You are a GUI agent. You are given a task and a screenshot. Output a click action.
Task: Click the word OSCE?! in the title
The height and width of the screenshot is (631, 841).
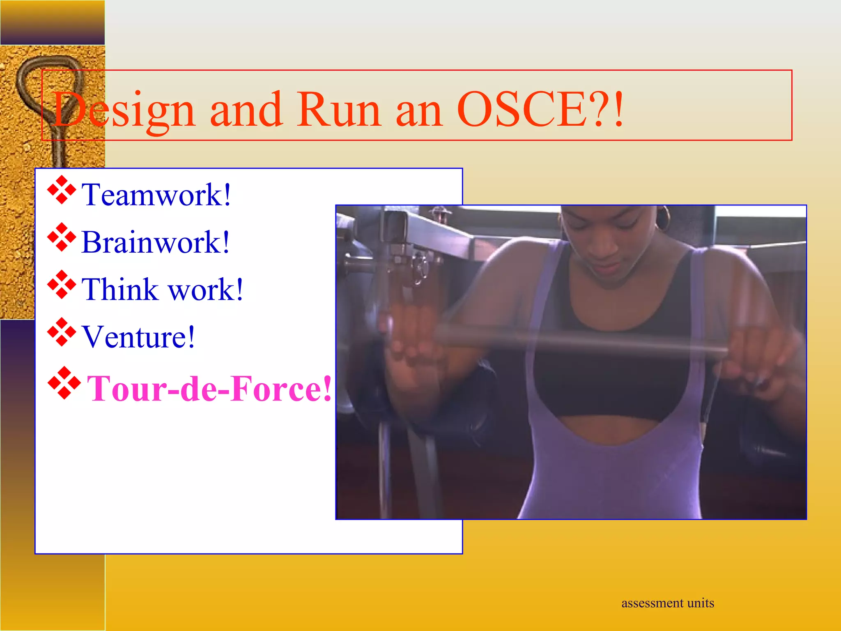pos(540,109)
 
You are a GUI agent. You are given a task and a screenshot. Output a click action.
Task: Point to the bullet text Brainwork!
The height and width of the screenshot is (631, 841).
pos(155,242)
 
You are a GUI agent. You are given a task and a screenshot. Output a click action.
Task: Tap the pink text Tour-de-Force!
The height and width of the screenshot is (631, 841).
pos(209,388)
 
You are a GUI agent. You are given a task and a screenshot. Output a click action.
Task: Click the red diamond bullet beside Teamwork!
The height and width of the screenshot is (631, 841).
pos(62,190)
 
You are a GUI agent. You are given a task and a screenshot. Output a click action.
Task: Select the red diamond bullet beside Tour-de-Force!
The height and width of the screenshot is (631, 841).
pos(64,383)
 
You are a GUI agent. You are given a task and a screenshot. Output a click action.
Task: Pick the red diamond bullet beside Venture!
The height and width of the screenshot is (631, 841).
pos(62,332)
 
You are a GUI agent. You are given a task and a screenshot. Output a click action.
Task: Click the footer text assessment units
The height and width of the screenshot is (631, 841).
pos(667,603)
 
